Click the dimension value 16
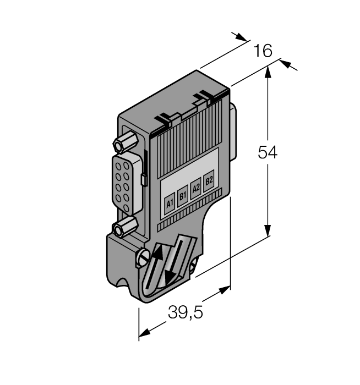(263, 51)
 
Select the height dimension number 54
(268, 152)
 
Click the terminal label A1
(170, 203)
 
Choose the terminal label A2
(195, 188)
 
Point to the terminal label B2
(209, 180)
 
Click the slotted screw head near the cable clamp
(143, 255)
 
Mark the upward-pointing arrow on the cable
(156, 253)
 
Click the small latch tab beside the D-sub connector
(144, 179)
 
